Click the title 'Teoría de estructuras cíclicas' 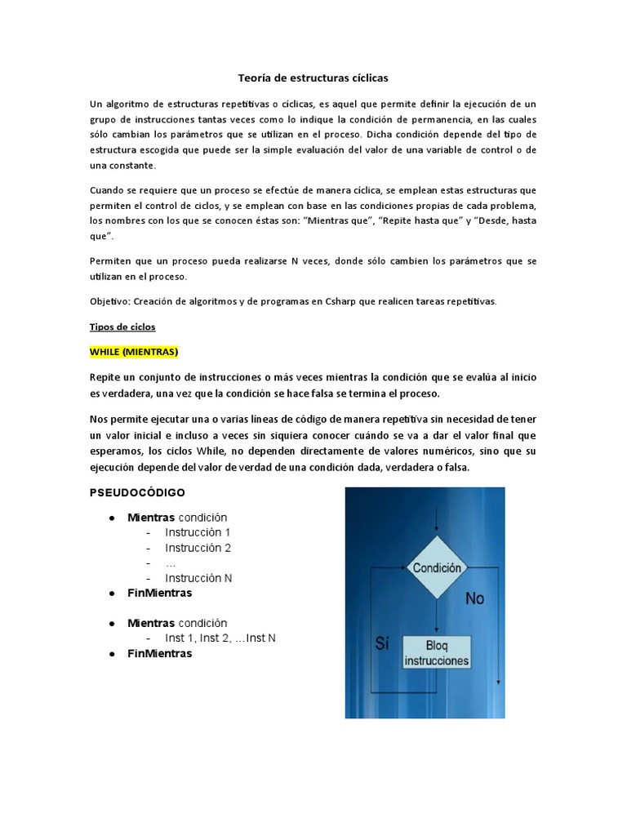tap(313, 78)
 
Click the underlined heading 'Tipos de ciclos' tap(122, 327)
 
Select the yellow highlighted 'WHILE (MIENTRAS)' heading tap(134, 352)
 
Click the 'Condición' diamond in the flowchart tap(437, 567)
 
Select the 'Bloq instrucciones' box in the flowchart tap(437, 653)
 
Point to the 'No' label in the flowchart tap(474, 598)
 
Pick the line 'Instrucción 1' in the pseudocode tap(198, 532)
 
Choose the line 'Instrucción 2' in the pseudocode tap(198, 548)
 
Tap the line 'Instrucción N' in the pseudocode tap(198, 578)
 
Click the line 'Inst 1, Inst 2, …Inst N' tap(220, 638)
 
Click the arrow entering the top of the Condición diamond tap(437, 522)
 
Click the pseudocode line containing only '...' tap(170, 563)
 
